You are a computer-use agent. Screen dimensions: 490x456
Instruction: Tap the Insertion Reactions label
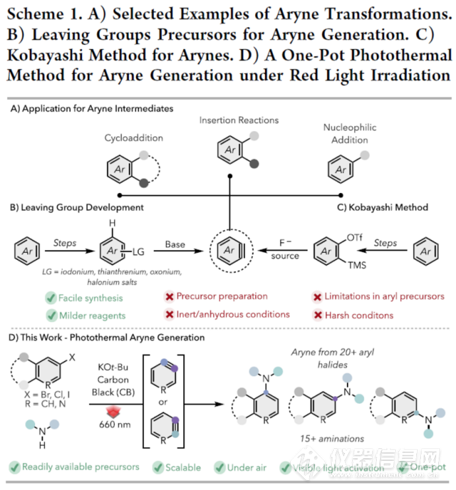click(x=229, y=120)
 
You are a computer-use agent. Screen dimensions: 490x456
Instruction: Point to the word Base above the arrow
click(x=175, y=245)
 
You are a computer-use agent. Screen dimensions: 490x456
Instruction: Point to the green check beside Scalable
click(x=158, y=467)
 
